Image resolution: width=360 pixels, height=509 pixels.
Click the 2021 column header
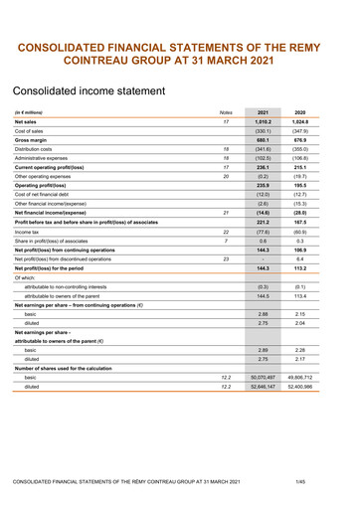point(264,140)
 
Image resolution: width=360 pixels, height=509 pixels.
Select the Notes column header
point(226,140)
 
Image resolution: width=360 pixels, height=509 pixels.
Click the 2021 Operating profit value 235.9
point(264,212)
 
